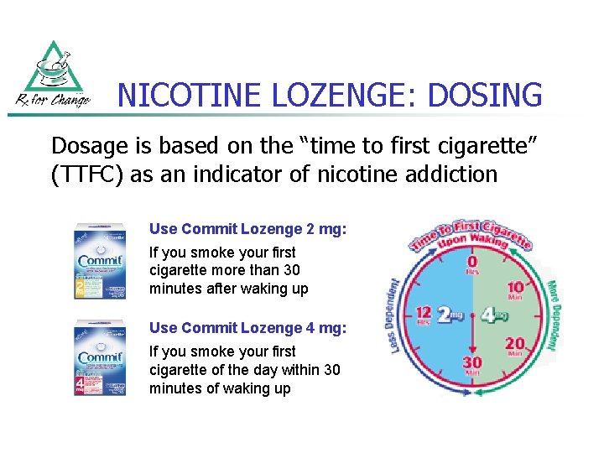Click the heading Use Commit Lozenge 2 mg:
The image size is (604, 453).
247,228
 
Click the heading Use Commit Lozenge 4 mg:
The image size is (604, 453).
247,327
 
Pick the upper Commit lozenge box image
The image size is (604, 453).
99,260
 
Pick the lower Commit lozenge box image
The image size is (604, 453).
99,357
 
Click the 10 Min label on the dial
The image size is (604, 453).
515,291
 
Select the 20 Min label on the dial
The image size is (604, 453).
515,346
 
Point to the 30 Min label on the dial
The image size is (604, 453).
473,366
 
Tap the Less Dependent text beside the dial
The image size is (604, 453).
397,315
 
